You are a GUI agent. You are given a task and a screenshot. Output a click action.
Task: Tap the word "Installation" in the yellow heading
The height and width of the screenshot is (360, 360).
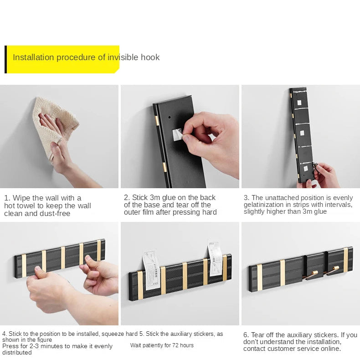(33, 57)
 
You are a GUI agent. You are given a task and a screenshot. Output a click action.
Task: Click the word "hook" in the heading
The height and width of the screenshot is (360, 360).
(150, 57)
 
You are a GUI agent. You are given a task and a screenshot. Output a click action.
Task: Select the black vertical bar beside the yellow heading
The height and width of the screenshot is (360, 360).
(6, 59)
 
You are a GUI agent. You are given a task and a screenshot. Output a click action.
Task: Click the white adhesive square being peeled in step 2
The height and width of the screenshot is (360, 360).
(177, 134)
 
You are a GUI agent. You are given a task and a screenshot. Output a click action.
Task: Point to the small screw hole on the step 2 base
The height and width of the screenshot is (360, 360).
(170, 117)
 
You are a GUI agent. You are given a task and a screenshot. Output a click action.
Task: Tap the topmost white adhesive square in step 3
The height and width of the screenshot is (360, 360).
(299, 103)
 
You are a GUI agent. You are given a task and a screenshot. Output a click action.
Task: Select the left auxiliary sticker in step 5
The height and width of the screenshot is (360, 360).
(151, 270)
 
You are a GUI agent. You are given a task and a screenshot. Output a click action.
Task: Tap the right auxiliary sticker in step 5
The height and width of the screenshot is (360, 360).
(215, 258)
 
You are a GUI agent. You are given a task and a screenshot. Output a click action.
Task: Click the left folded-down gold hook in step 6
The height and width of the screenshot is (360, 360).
(311, 275)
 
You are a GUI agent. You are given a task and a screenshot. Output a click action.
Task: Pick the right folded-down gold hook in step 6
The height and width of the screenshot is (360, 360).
(332, 271)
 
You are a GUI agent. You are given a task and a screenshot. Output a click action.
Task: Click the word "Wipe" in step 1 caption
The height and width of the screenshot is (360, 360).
(22, 198)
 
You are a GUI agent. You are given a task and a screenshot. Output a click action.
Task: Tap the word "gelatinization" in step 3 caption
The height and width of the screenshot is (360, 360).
(260, 205)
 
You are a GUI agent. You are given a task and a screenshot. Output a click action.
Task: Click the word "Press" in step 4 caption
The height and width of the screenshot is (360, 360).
(9, 346)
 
